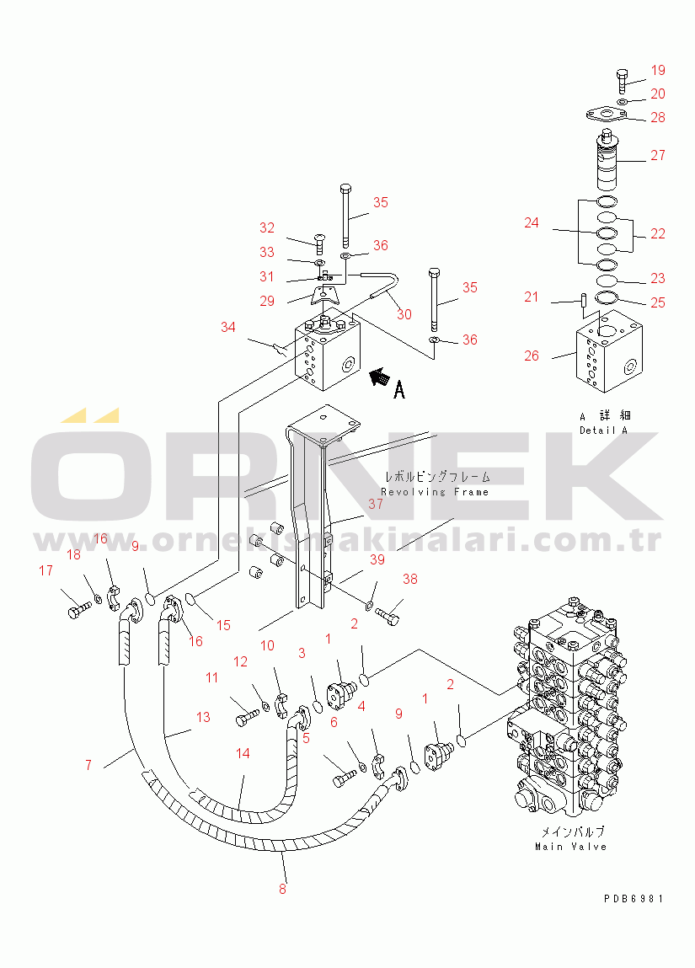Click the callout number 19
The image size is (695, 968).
(658, 71)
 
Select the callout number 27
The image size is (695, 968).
(658, 155)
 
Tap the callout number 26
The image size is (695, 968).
(532, 356)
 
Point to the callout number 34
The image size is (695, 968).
(227, 327)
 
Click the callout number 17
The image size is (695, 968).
(45, 570)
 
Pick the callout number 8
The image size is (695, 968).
(282, 887)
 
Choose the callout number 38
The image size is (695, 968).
(410, 579)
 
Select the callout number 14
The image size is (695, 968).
(243, 753)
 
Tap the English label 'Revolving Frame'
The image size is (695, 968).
(435, 492)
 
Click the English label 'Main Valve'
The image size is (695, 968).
(571, 846)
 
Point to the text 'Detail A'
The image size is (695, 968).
(604, 430)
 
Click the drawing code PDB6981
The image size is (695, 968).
(634, 899)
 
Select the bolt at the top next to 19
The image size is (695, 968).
(621, 80)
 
